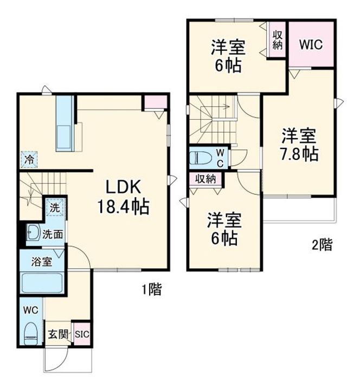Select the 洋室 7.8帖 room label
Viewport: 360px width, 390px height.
[x=299, y=144]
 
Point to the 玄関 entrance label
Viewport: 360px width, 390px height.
[x=57, y=335]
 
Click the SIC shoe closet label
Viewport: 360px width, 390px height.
[x=81, y=335]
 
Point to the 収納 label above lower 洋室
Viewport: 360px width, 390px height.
[x=206, y=179]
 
